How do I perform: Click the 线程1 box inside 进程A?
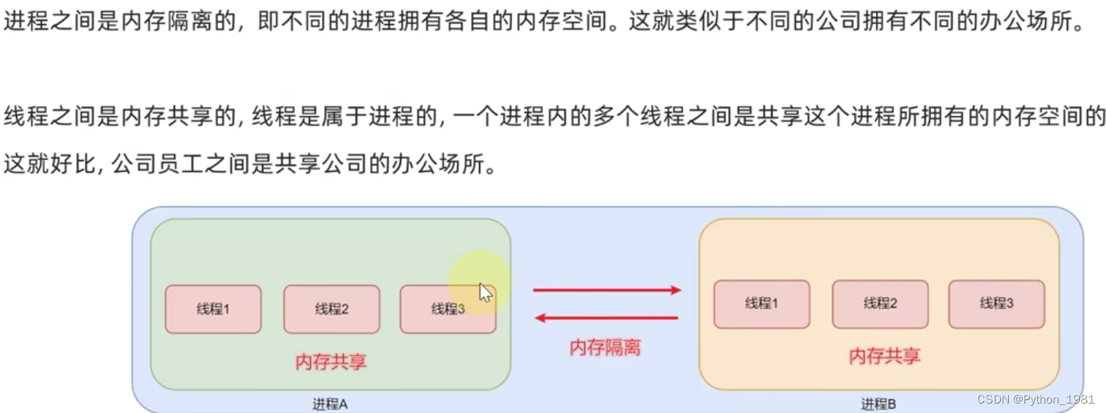click(x=213, y=309)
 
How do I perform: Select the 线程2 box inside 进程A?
click(x=331, y=309)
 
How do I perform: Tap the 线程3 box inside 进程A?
click(x=448, y=309)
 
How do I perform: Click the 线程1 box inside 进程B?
click(x=761, y=304)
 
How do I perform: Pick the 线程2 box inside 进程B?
click(x=880, y=304)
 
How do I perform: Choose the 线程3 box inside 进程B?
click(x=996, y=304)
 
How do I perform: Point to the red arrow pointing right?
click(x=606, y=290)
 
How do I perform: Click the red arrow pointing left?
click(x=606, y=318)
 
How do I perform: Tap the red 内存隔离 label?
click(x=605, y=348)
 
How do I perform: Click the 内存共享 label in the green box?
click(x=331, y=362)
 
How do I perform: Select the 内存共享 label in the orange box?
click(x=884, y=356)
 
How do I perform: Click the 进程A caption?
click(x=330, y=404)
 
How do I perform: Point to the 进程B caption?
click(x=879, y=404)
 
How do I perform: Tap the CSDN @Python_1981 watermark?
click(x=1035, y=400)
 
